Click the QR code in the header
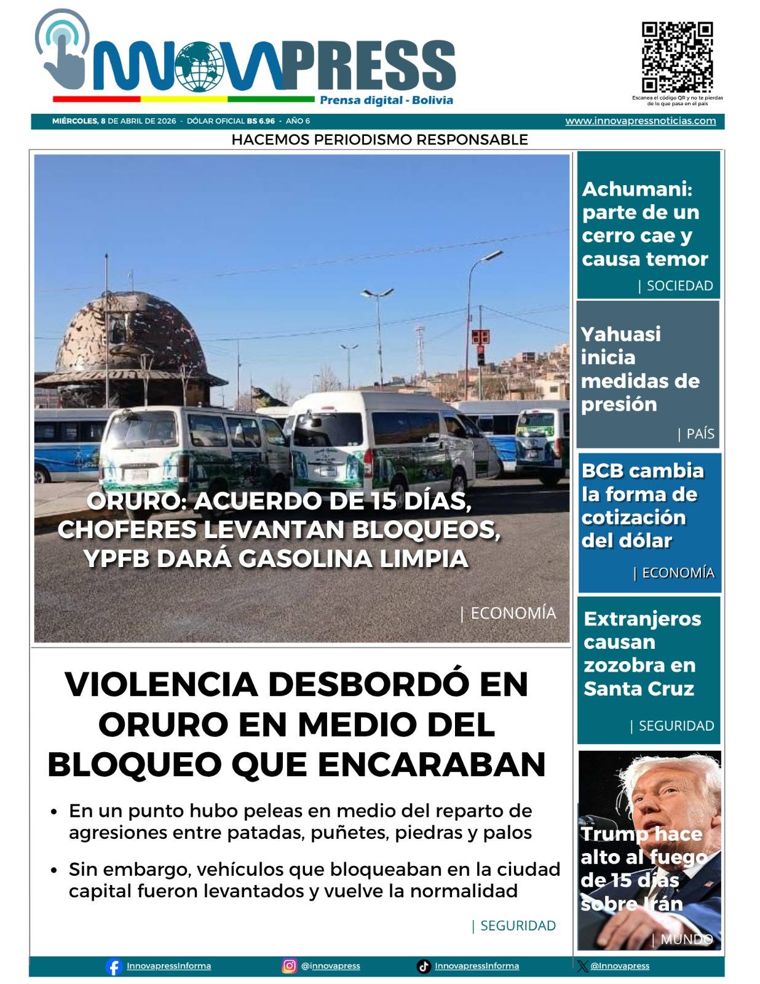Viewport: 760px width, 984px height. (677, 57)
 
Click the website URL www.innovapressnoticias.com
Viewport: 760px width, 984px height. (640, 121)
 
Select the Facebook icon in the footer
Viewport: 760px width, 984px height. (114, 966)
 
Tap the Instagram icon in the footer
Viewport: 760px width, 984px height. (289, 966)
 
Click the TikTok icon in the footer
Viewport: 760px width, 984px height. (424, 966)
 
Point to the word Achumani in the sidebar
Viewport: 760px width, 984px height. (637, 189)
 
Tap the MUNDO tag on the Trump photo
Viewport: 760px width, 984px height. (686, 939)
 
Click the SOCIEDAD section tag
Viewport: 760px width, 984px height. (679, 285)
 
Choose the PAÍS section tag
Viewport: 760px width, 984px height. (700, 434)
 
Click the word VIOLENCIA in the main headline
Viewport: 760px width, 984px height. (161, 684)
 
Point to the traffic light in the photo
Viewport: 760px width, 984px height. (481, 355)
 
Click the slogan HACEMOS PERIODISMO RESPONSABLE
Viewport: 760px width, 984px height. (379, 140)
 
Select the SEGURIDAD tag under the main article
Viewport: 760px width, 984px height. (518, 926)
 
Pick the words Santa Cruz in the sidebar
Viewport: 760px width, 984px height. (638, 689)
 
